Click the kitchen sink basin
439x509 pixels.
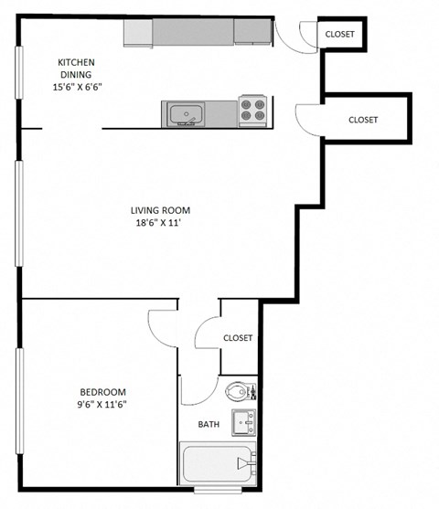tap(187, 114)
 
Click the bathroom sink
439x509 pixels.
tap(243, 422)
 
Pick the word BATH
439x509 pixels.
tap(209, 425)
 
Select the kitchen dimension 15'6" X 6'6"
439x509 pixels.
tap(78, 89)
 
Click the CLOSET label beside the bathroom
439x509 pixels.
tap(238, 338)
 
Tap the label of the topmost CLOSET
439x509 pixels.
tap(340, 35)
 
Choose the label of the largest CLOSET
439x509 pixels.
tap(363, 120)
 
